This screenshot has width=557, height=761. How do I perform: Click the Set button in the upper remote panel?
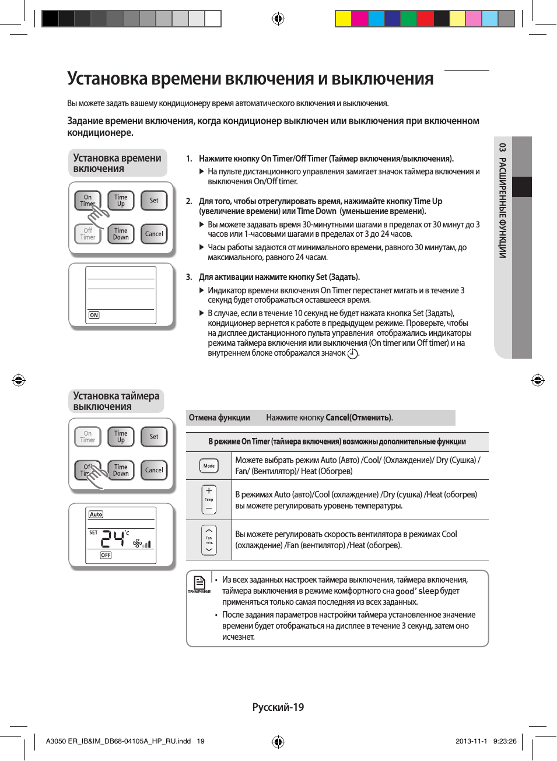(x=154, y=201)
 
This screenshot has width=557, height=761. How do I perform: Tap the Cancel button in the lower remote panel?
(x=154, y=470)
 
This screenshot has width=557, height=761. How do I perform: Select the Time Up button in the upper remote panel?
(x=121, y=201)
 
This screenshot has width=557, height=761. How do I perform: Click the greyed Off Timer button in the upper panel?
(x=87, y=234)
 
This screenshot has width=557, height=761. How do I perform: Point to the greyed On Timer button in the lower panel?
(x=87, y=437)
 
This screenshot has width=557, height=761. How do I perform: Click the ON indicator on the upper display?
(x=94, y=315)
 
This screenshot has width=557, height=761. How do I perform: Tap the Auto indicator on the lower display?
(x=96, y=514)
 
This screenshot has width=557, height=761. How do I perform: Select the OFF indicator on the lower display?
(x=106, y=555)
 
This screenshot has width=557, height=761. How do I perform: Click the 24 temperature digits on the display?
(x=113, y=538)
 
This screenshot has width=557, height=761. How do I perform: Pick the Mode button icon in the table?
(x=209, y=466)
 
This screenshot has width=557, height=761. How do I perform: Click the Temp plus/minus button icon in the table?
(x=209, y=499)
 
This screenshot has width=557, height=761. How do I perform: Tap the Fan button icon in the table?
(x=209, y=540)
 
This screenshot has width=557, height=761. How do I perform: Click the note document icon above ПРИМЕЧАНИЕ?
(x=199, y=582)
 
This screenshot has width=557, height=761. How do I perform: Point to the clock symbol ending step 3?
(x=352, y=354)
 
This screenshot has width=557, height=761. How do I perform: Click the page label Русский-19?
(x=278, y=707)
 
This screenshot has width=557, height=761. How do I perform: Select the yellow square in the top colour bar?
(x=343, y=19)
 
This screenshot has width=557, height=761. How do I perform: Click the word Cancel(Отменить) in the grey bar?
(x=358, y=418)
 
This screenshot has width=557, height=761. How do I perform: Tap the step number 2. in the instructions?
(x=189, y=201)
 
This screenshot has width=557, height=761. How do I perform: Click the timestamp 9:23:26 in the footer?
(x=505, y=741)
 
